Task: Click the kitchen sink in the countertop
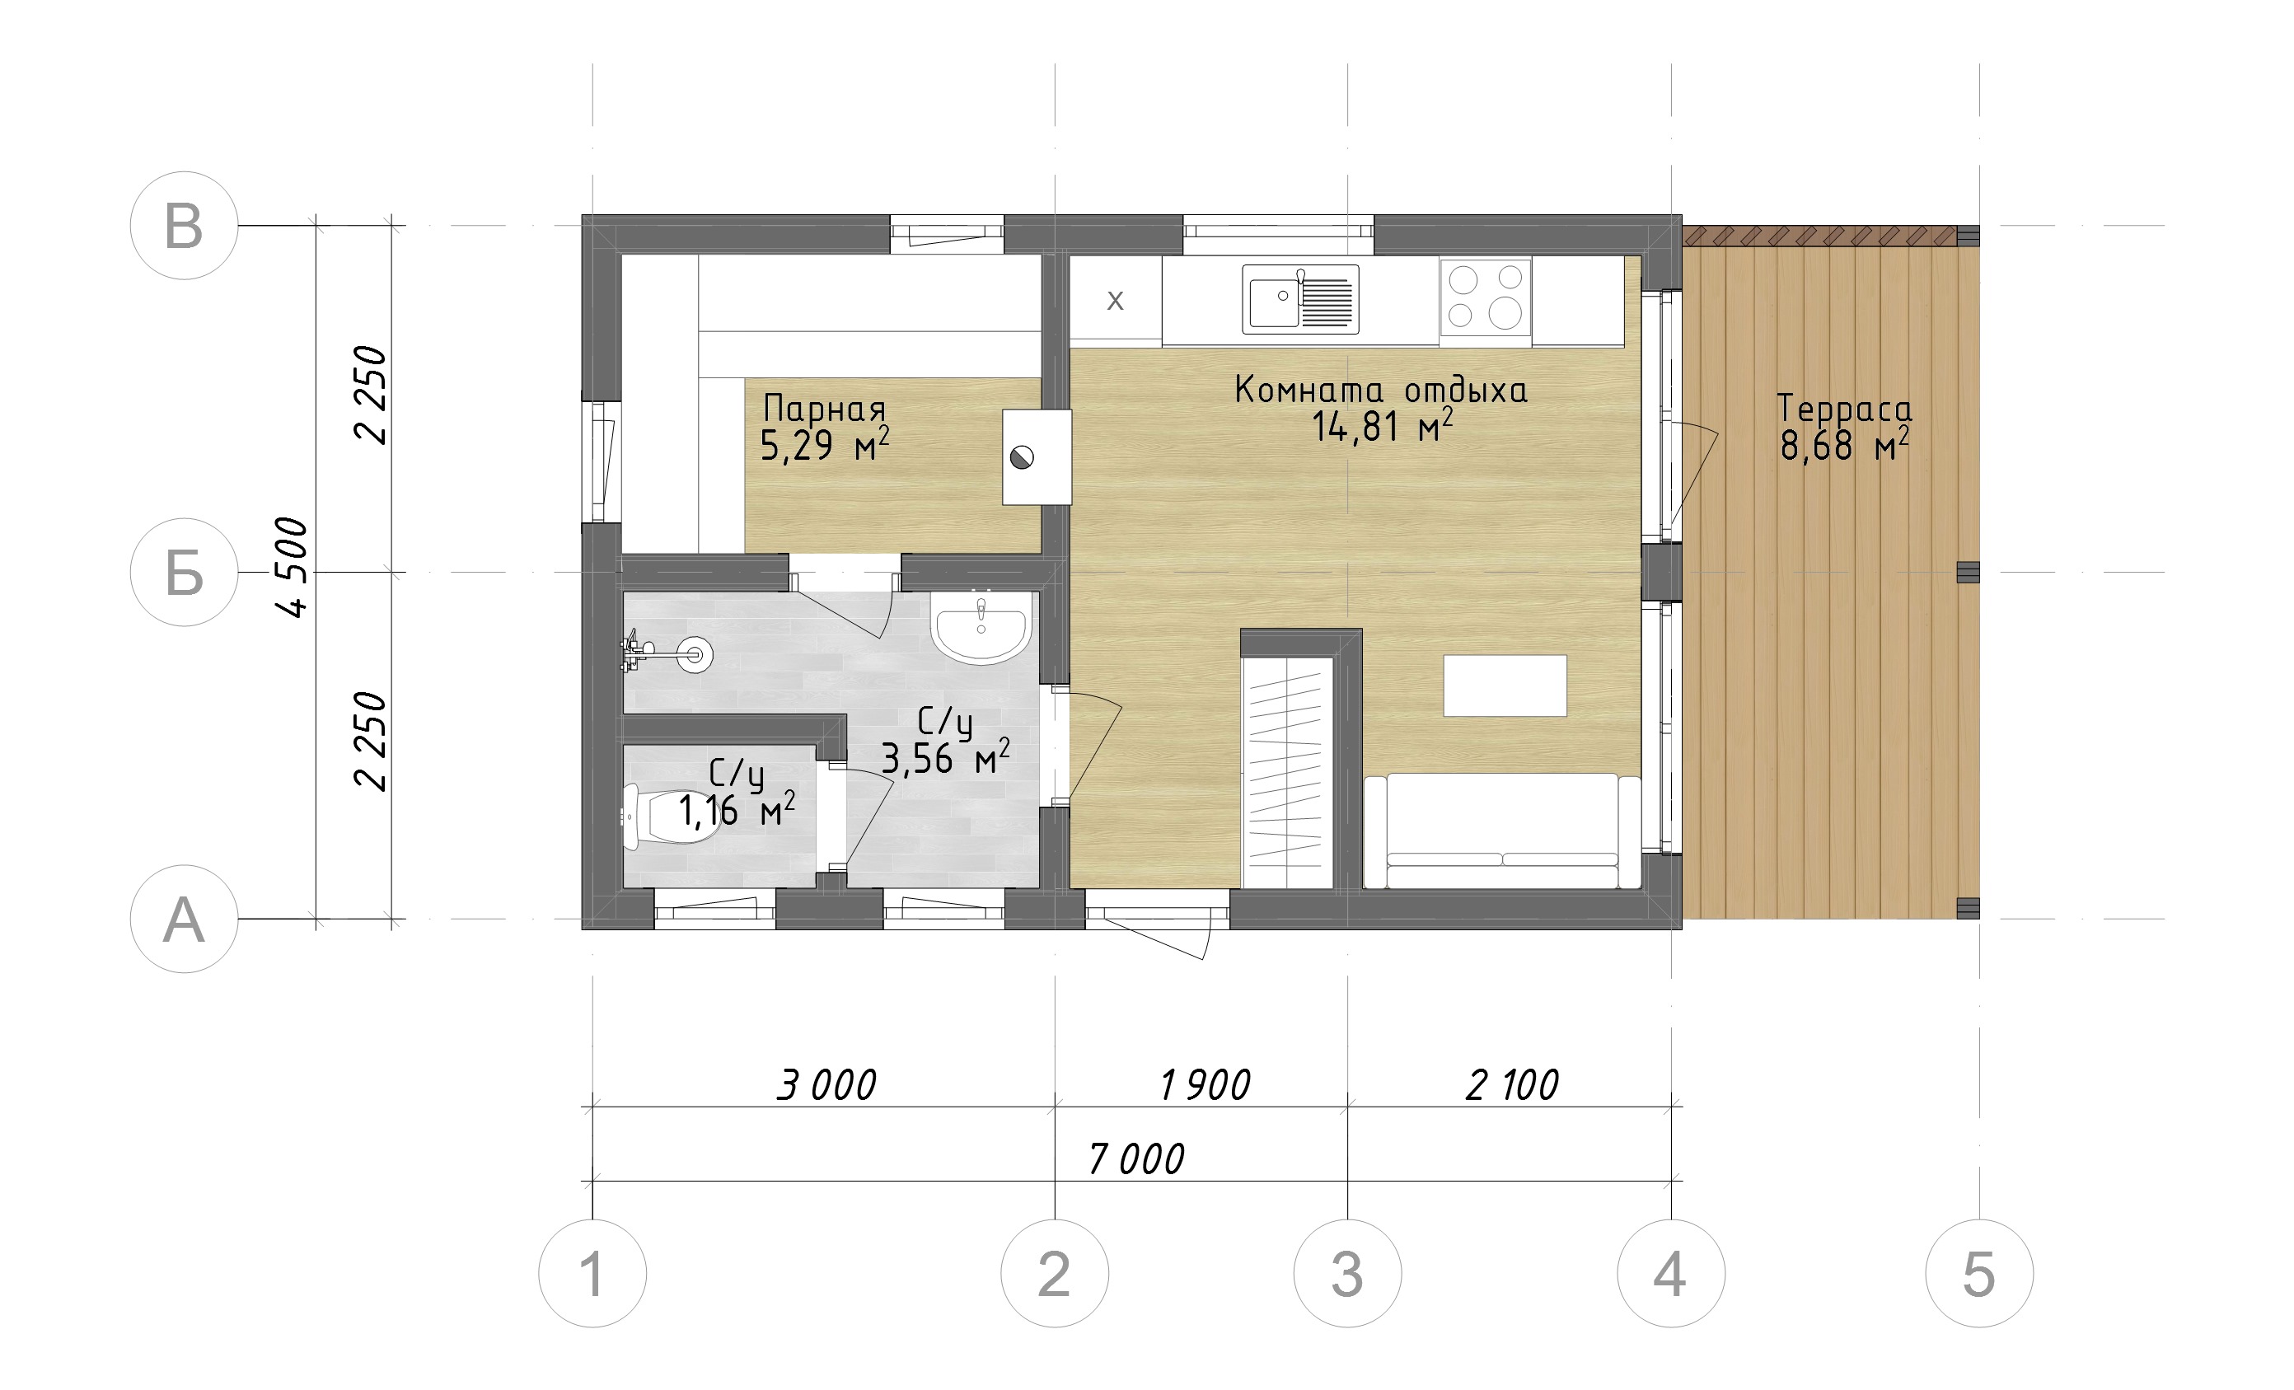(1299, 299)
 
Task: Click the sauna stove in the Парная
(1037, 457)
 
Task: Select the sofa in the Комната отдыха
(1501, 831)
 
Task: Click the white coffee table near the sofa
(1505, 686)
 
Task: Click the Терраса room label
(1843, 408)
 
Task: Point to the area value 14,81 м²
(1382, 427)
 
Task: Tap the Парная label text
(824, 409)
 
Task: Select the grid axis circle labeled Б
(185, 572)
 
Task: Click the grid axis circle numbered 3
(1347, 1273)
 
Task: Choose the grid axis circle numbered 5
(1979, 1273)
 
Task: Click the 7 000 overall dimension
(1135, 1159)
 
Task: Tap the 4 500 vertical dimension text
(293, 567)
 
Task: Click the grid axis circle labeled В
(185, 225)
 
